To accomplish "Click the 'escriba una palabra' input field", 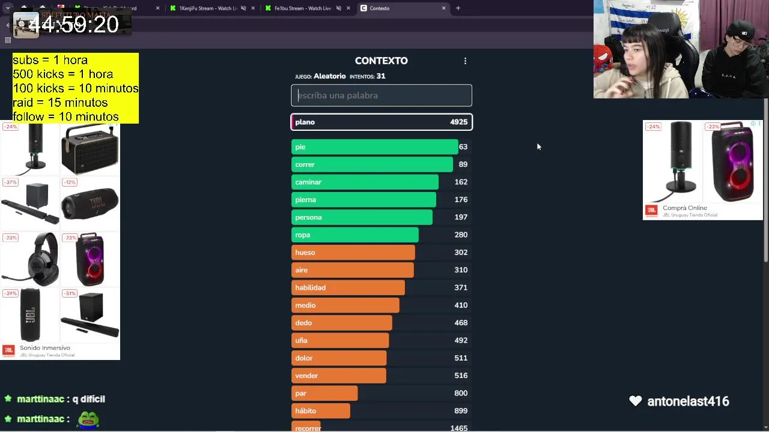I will pos(381,95).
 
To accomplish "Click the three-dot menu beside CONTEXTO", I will pos(465,61).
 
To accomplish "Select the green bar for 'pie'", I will pos(374,147).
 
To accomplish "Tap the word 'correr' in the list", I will pos(305,164).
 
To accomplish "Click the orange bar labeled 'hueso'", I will pos(353,253).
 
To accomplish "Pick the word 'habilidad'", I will pos(310,287).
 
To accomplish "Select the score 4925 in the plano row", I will pos(458,122).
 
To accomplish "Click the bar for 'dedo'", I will pos(341,323).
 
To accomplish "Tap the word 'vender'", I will pos(306,376).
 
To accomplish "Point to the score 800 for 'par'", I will pos(461,393).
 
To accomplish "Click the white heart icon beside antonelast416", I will pos(635,401).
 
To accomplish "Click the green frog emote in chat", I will pos(88,419).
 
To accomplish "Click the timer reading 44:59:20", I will pos(73,25).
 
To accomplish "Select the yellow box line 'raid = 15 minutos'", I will pos(60,103).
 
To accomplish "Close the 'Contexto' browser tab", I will pos(444,8).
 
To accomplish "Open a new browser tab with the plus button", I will pos(458,8).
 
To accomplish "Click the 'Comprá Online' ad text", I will pos(684,208).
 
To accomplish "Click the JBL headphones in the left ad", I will pos(30,259).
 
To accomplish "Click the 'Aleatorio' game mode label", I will pos(329,76).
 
